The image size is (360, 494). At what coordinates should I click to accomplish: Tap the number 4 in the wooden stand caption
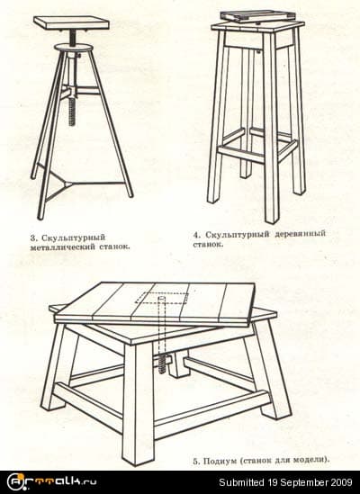196,233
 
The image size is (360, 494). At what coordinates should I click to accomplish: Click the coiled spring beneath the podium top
163,360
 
